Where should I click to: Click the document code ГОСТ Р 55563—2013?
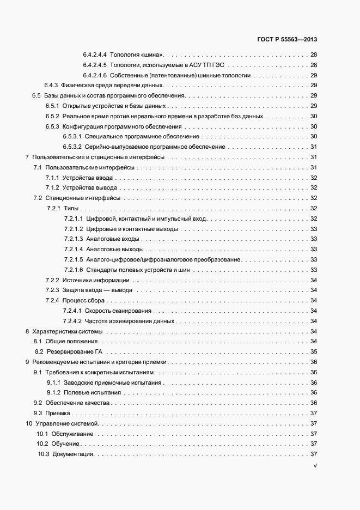pos(286,40)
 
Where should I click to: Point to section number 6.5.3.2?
pos(72,147)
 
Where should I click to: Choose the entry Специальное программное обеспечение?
pos(142,136)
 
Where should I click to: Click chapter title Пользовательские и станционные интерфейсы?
pos(98,157)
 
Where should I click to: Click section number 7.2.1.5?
pos(73,259)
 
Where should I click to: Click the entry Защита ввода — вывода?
pos(97,290)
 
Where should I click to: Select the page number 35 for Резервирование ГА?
pos(314,351)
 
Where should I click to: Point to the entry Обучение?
pos(65,444)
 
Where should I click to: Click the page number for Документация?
pos(314,454)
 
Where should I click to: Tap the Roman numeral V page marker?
pos(315,466)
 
